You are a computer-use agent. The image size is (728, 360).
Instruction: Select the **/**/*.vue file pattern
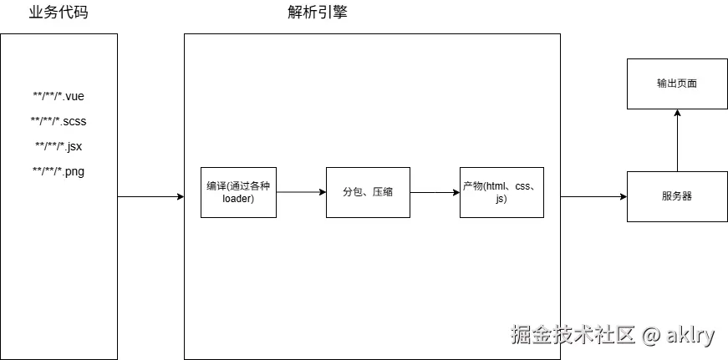(59, 96)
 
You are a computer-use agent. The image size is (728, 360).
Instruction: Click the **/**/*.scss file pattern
(59, 121)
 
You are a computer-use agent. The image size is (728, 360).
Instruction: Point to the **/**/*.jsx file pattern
(59, 146)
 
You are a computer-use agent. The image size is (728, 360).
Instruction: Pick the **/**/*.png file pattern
(59, 171)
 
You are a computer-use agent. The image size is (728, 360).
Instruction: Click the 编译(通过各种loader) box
(238, 192)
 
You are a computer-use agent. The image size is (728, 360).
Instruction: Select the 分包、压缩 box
(368, 192)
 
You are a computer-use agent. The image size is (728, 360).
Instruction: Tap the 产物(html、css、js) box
(501, 192)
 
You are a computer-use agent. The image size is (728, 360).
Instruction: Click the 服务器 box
(677, 196)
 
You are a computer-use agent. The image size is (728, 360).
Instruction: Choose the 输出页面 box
(677, 84)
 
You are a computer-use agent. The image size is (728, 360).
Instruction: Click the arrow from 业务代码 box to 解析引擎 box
(150, 197)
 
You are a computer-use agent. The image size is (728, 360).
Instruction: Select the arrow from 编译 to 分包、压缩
(301, 192)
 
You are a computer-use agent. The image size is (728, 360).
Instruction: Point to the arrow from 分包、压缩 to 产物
(435, 192)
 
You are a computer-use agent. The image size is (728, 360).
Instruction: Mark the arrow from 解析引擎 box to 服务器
(593, 197)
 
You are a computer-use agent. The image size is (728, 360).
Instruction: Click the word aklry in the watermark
(690, 336)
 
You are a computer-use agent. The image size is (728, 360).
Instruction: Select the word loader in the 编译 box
(238, 199)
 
